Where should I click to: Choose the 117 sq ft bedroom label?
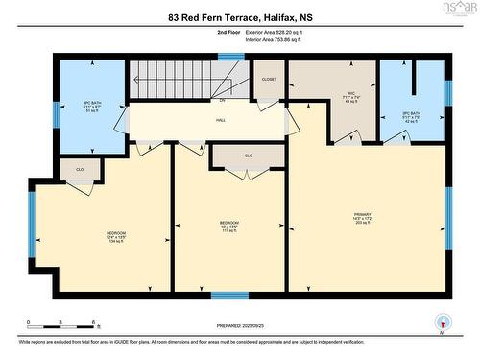tap(228, 228)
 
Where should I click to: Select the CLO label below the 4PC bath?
tap(80, 170)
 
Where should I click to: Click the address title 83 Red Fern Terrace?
tap(239, 17)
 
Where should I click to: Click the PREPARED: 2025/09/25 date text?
tap(239, 325)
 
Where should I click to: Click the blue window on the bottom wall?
tap(229, 295)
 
